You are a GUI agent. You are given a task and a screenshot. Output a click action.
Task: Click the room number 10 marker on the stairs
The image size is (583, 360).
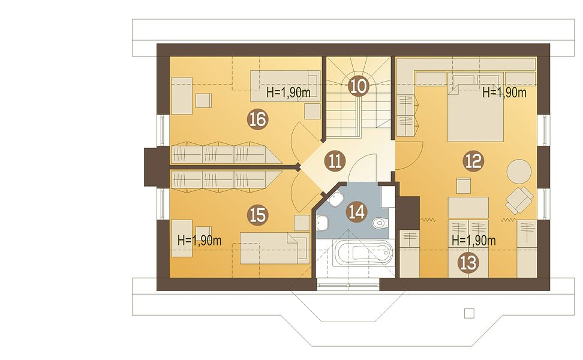(359, 86)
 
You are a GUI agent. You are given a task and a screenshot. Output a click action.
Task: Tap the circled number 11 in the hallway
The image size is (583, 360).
(335, 161)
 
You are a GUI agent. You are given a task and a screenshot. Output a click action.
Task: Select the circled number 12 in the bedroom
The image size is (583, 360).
(473, 161)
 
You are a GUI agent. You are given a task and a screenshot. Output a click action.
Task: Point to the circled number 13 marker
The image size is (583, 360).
(468, 263)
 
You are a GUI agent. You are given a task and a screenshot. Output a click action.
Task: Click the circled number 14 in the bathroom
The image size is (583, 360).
(356, 211)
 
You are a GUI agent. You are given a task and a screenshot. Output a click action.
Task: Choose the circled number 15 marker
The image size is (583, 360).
(258, 215)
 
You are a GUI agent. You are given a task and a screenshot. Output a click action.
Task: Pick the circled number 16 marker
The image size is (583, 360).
(258, 119)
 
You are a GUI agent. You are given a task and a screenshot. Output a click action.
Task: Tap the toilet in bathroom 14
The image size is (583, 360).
(380, 223)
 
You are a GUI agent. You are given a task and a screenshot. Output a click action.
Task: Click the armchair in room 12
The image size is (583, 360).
(519, 200)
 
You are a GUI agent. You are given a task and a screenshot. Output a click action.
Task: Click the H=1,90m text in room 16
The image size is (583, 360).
(289, 92)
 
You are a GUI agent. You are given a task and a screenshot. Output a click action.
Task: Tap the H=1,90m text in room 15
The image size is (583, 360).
(200, 240)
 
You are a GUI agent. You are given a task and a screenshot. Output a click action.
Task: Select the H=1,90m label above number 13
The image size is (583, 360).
(474, 240)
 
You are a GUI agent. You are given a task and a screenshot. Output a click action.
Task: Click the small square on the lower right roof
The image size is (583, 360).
(469, 314)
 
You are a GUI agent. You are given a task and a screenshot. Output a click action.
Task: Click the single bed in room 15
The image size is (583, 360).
(275, 248)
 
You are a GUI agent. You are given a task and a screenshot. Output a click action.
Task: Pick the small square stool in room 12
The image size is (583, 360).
(463, 185)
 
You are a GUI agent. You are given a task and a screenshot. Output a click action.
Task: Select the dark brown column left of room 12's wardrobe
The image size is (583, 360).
(408, 212)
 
